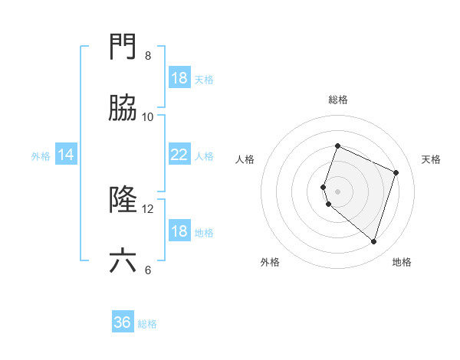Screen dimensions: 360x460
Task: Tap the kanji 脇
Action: [123, 110]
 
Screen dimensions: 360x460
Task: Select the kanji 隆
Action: [123, 201]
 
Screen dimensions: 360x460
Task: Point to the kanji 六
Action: [123, 261]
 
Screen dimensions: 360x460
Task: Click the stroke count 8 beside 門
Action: [148, 56]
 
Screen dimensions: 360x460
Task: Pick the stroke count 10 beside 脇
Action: [148, 116]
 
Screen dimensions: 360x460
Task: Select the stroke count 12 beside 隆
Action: [148, 208]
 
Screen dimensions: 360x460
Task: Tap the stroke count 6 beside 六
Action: [148, 269]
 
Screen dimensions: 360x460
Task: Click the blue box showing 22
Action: [179, 155]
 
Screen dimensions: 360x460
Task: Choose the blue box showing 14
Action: [66, 155]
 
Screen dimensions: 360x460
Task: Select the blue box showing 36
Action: [123, 322]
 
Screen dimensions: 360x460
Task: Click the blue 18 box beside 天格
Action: [179, 78]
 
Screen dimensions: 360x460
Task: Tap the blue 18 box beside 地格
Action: [179, 231]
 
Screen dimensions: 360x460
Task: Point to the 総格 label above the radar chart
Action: [337, 100]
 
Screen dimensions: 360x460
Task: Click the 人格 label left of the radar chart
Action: [245, 159]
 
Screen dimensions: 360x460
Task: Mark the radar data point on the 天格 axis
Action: [396, 172]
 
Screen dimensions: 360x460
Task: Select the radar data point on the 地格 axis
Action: [373, 241]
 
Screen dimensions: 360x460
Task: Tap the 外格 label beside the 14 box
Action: [41, 156]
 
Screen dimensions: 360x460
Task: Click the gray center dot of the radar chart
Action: [337, 191]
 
